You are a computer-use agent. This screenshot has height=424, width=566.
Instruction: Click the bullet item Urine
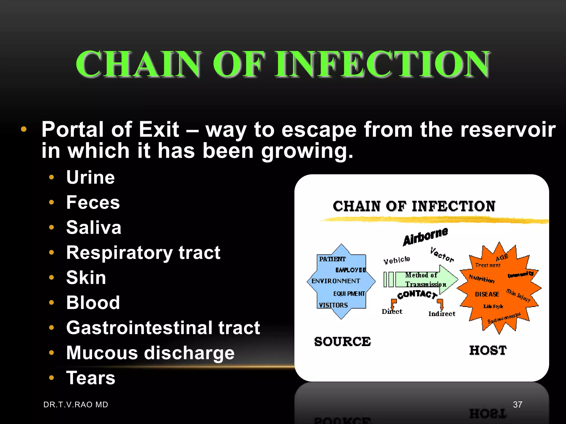(x=90, y=177)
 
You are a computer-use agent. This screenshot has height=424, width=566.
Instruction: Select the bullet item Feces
(x=93, y=202)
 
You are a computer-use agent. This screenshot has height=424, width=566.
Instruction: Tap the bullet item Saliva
(x=94, y=227)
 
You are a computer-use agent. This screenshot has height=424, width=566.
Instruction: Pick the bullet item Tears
(x=91, y=378)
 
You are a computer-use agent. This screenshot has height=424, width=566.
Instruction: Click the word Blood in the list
(x=93, y=303)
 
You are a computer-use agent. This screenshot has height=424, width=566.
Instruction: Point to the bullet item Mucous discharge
(x=150, y=353)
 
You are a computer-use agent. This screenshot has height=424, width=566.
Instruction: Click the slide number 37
(x=517, y=405)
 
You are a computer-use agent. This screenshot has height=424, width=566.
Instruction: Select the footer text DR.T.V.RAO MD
(x=76, y=405)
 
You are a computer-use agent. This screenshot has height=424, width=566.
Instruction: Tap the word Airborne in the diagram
(x=425, y=236)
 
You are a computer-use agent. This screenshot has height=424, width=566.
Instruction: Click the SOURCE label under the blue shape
(x=342, y=342)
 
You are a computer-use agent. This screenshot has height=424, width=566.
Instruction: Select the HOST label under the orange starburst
(x=488, y=350)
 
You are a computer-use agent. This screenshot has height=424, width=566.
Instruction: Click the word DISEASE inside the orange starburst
(x=487, y=294)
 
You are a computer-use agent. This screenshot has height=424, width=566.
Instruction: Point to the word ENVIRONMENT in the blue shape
(x=336, y=281)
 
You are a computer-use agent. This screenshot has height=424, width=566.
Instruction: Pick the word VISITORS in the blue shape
(x=333, y=305)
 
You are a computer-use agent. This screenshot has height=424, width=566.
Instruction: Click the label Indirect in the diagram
(x=442, y=314)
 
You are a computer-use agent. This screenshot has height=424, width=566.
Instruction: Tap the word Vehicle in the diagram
(x=397, y=260)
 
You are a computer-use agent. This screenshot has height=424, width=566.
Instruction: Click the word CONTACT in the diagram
(x=417, y=294)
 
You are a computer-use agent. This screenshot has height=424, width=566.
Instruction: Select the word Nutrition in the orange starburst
(x=481, y=279)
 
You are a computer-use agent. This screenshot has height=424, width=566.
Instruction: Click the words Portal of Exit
(x=110, y=129)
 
